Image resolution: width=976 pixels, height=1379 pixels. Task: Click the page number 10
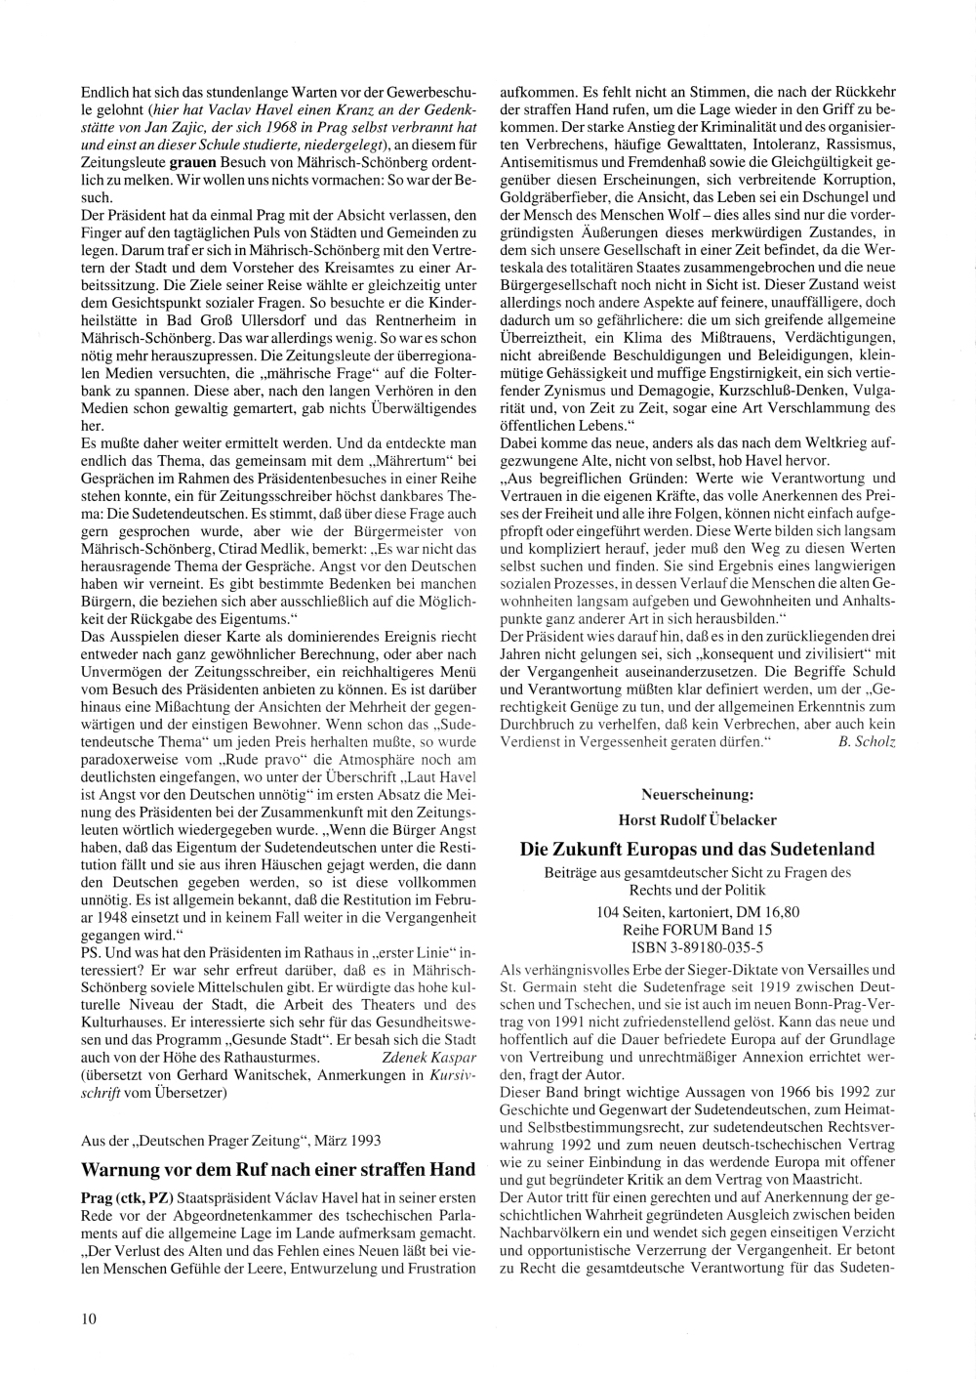[89, 1318]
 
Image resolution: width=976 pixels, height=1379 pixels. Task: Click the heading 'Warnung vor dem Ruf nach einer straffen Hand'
[277, 1169]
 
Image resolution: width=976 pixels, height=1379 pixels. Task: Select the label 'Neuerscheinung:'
[697, 793]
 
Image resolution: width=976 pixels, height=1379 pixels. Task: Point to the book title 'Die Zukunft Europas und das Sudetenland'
[697, 849]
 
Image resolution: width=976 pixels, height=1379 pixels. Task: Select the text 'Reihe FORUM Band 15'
[697, 930]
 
